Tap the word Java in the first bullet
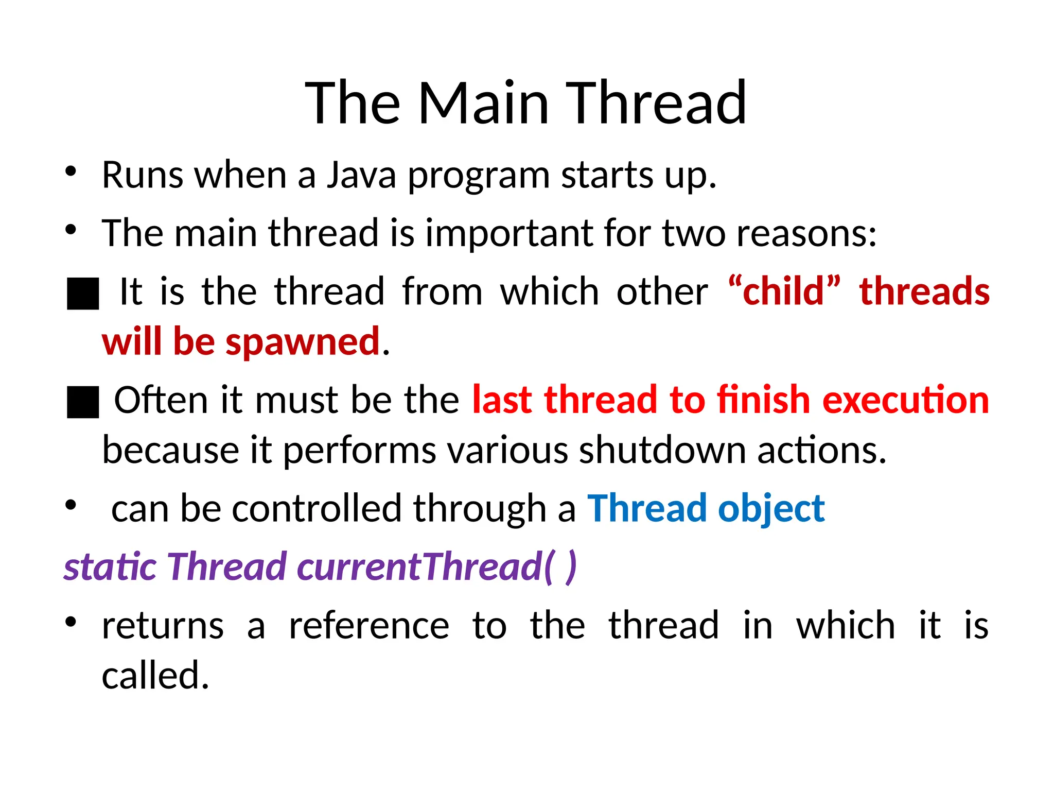tap(361, 175)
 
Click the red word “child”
tap(784, 291)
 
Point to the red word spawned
tap(303, 341)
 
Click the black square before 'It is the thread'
tap(83, 294)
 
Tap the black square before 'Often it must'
tap(83, 402)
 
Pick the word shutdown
tap(662, 450)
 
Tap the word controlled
tap(317, 508)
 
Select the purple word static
tap(110, 567)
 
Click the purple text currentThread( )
tap(437, 567)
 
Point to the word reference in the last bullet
tap(368, 626)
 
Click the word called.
tap(155, 676)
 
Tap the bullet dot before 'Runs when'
tap(71, 171)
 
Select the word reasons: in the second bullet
tap(806, 233)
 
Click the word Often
tap(161, 400)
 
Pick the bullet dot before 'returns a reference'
tap(71, 622)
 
